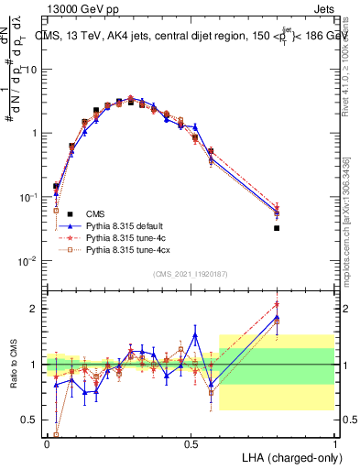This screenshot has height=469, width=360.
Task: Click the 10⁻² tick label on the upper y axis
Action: pyautogui.click(x=27, y=261)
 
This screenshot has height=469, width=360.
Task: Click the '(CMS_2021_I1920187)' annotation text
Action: pyautogui.click(x=191, y=274)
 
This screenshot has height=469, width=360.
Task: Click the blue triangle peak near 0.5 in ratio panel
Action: pyautogui.click(x=194, y=334)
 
